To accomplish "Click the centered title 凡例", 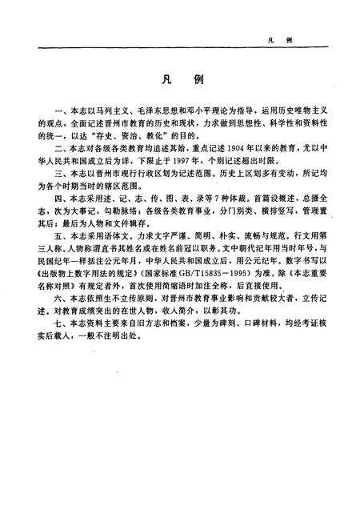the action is (178, 82).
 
